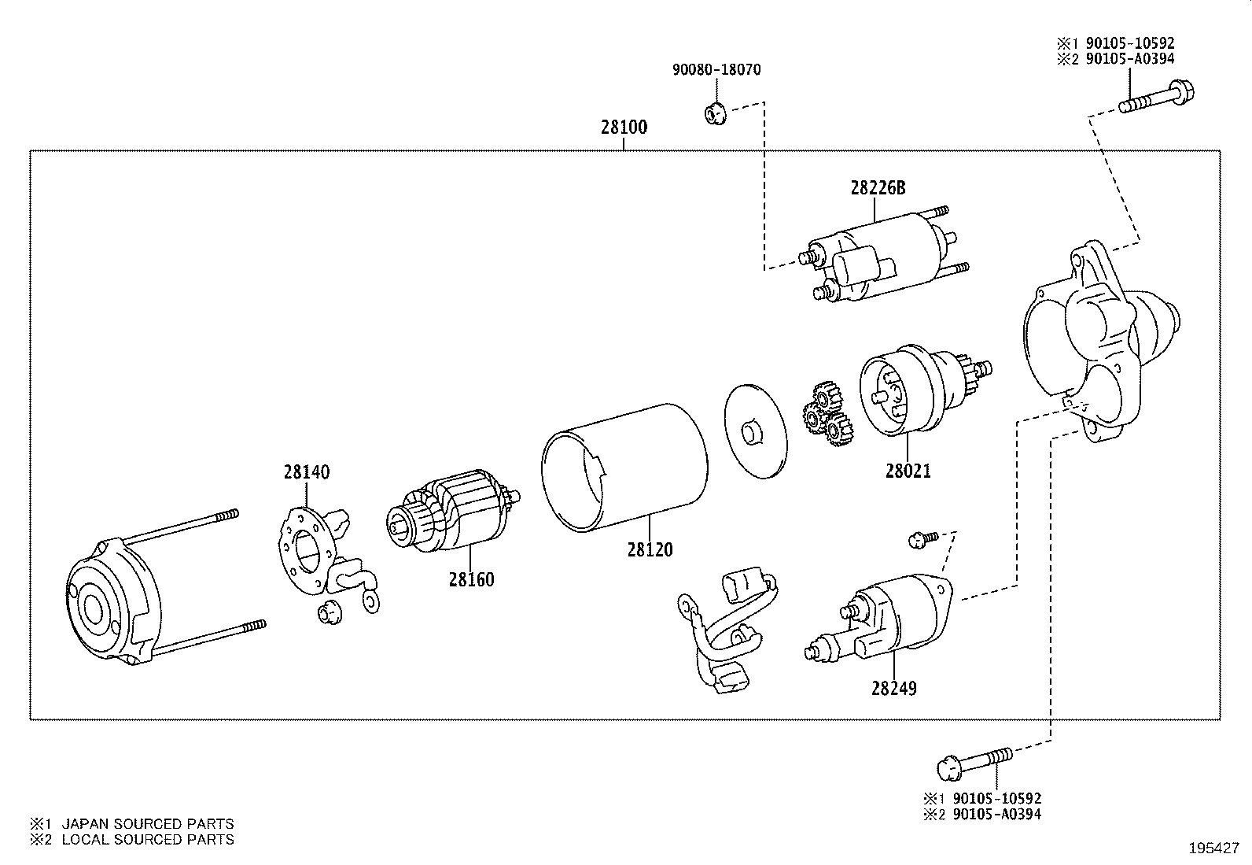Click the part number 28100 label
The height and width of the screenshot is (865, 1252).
point(624,127)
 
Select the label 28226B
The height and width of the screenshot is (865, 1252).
point(877,188)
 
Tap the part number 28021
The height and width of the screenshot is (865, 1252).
point(908,471)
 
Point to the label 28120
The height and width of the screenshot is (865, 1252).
point(650,549)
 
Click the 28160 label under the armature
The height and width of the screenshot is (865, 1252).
point(471,579)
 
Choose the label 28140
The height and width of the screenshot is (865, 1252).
point(307,472)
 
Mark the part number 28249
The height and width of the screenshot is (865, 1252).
point(893,688)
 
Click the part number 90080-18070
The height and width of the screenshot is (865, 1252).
point(716,69)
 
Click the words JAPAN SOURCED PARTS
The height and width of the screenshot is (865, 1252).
point(148,823)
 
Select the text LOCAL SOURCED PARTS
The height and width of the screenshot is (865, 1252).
point(148,839)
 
